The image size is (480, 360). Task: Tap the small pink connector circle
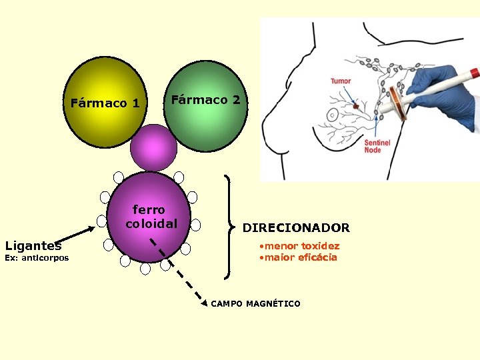[154, 147]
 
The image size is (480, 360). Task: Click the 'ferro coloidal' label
[151, 217]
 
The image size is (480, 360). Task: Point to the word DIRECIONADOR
[295, 228]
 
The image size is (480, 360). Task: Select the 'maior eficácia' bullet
[300, 257]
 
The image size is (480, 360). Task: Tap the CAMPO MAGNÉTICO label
[255, 304]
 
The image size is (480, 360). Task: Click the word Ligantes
[33, 246]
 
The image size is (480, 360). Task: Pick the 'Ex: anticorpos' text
[37, 258]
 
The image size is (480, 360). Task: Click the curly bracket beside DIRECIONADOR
[231, 227]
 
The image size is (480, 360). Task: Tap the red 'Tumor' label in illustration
[341, 81]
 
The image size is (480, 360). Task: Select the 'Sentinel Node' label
[373, 147]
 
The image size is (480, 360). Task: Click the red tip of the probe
[474, 72]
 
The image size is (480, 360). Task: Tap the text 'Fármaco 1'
[105, 103]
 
